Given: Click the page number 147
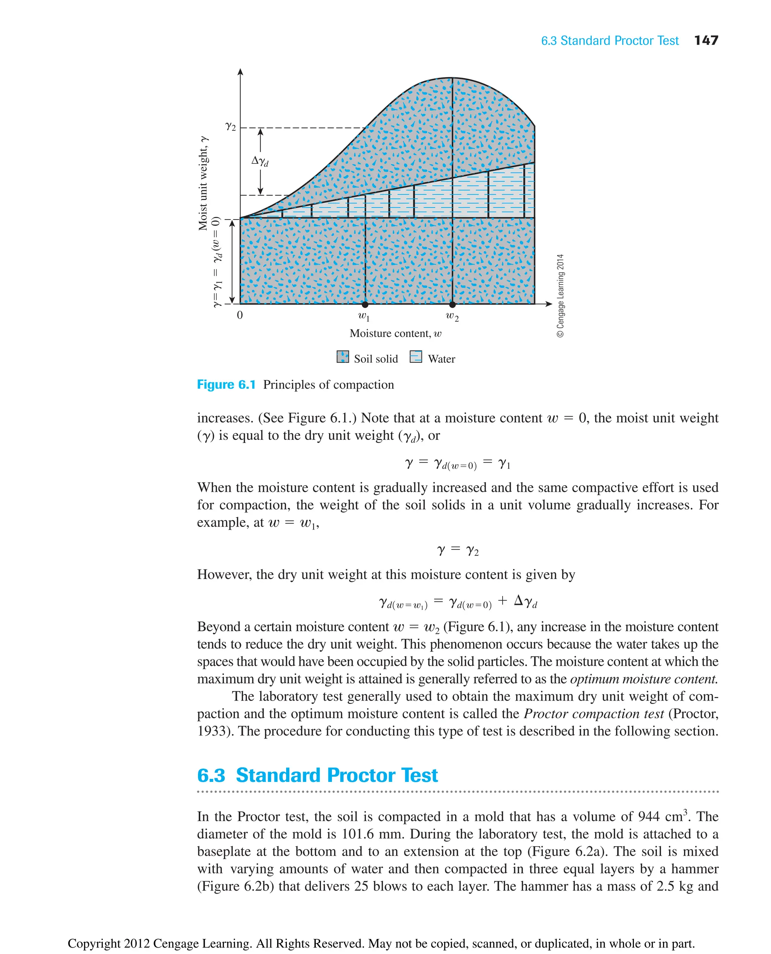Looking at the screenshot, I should pos(706,40).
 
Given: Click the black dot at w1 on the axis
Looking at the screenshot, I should pos(365,304).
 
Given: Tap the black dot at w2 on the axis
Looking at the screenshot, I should pos(452,304).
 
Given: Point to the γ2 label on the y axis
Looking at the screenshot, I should pos(230,127).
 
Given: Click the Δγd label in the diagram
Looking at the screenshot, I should pos(260,161).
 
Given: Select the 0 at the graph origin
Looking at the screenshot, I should pos(240,315).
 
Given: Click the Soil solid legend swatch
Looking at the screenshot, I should pos(343,357).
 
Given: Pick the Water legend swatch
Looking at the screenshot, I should pos(416,357).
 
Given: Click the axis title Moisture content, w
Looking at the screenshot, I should pos(395,333).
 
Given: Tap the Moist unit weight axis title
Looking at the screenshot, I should pos(203,183).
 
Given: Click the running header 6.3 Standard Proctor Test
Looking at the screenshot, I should pos(609,41).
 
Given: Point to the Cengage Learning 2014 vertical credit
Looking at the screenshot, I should pos(561,296).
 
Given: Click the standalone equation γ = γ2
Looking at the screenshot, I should pos(457,551).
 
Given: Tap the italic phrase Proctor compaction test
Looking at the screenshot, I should pos(594,713).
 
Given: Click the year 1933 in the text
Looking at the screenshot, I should pos(213,731).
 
